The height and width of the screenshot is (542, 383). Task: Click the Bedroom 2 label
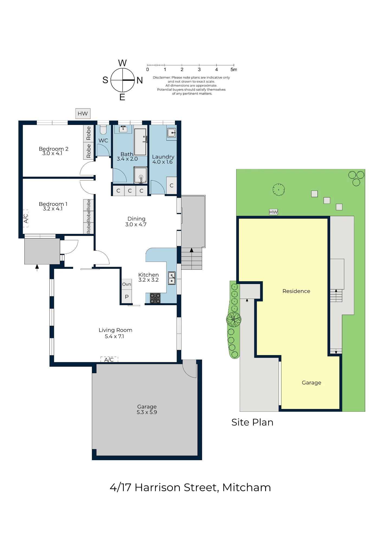click(53, 149)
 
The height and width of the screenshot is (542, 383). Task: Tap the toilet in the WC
click(103, 130)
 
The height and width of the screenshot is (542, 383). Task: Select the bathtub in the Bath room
click(141, 142)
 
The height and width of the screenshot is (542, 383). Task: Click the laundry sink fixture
click(172, 133)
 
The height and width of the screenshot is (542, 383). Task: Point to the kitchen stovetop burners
click(155, 298)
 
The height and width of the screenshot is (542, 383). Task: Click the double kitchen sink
click(172, 278)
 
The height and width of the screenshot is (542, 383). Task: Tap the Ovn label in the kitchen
click(126, 284)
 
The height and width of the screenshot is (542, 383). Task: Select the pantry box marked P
click(126, 296)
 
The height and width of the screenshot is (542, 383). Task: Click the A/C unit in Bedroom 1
click(26, 218)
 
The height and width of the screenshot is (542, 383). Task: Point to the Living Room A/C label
click(109, 360)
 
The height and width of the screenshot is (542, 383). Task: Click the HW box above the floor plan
click(83, 114)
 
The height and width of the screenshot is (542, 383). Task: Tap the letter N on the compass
click(139, 80)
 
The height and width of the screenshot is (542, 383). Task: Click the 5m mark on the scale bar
click(234, 69)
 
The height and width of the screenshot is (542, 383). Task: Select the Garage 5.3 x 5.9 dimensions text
click(147, 412)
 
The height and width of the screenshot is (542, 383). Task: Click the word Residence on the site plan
click(296, 291)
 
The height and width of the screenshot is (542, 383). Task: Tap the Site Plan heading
click(252, 422)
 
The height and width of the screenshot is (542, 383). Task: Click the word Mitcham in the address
click(246, 488)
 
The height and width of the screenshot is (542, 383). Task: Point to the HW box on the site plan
click(274, 212)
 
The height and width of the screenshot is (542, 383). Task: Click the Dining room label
click(137, 219)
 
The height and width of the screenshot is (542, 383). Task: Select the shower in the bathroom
click(141, 175)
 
